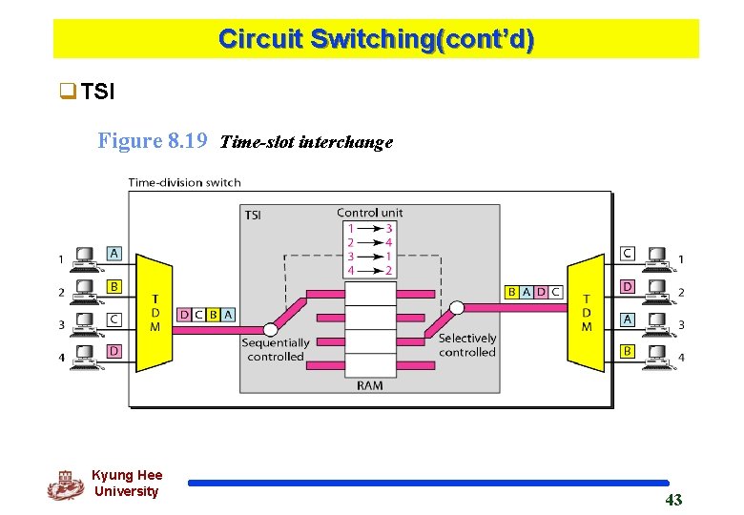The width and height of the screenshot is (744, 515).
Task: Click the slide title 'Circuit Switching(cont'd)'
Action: tap(376, 39)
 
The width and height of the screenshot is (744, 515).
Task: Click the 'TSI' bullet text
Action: tap(97, 92)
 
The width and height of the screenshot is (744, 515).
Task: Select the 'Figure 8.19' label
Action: tap(153, 141)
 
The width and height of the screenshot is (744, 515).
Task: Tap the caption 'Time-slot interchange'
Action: tap(306, 142)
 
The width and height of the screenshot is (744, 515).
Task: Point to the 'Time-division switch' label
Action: tap(184, 182)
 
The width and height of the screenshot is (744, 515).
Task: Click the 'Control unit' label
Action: tap(369, 212)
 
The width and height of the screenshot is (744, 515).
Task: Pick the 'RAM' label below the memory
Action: tap(369, 384)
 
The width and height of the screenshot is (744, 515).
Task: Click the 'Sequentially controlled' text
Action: tap(275, 349)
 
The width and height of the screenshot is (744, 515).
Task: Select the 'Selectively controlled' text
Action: tap(466, 345)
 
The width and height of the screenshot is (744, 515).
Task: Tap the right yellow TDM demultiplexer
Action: tap(586, 312)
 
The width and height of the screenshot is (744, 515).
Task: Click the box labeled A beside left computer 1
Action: tap(114, 253)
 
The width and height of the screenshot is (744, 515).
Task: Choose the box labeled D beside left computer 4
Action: tap(114, 352)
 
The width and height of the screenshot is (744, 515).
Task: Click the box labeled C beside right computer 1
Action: tap(627, 253)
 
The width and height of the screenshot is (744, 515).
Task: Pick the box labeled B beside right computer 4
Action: tap(627, 352)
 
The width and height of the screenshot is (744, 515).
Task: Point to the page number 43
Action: tap(673, 500)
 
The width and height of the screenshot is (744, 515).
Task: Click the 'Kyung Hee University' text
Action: tap(127, 484)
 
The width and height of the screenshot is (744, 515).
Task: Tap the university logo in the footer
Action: tap(65, 485)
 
